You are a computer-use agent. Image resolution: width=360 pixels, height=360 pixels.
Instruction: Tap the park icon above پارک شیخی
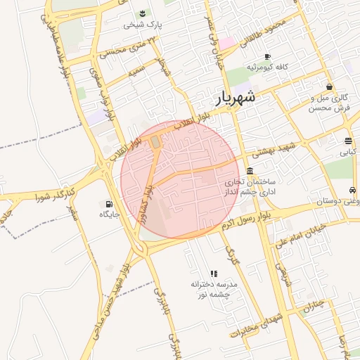tap(143, 14)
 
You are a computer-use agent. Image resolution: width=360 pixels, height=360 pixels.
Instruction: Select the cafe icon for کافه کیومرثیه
tap(267, 56)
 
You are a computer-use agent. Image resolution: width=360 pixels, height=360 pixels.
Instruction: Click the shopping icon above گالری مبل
tap(330, 86)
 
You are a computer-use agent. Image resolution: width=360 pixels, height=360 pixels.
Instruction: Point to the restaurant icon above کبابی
tap(349, 141)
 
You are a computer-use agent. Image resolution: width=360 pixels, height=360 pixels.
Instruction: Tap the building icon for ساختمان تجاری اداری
tap(250, 171)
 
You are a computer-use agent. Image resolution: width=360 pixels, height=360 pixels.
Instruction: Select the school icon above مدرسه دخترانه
tap(213, 274)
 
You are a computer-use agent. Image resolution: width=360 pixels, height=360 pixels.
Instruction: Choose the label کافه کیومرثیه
tap(269, 67)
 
